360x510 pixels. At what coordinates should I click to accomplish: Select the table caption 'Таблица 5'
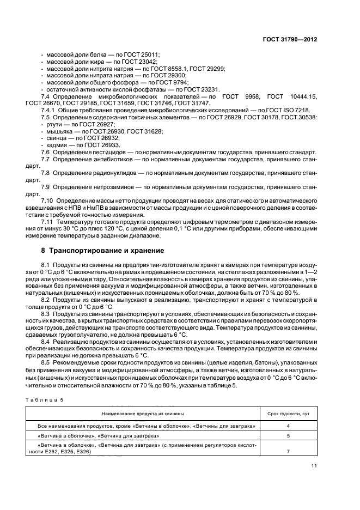(44, 401)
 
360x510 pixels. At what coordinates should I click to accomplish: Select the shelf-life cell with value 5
(288, 436)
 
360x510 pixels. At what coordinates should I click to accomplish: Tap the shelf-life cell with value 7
(288, 451)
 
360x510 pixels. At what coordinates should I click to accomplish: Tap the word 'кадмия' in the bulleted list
(56, 145)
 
